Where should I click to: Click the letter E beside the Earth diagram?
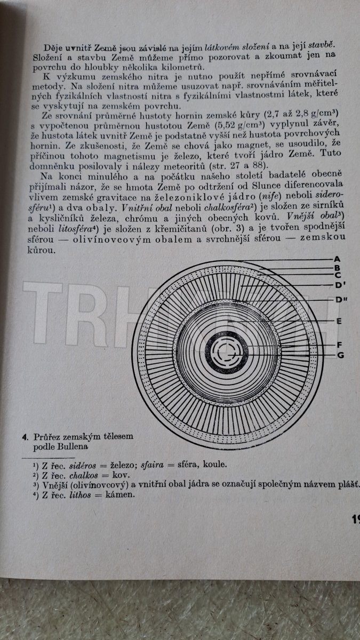pyautogui.click(x=339, y=321)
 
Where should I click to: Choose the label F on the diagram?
pyautogui.click(x=339, y=345)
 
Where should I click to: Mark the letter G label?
pyautogui.click(x=339, y=355)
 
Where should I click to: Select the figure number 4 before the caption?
pyautogui.click(x=25, y=437)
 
